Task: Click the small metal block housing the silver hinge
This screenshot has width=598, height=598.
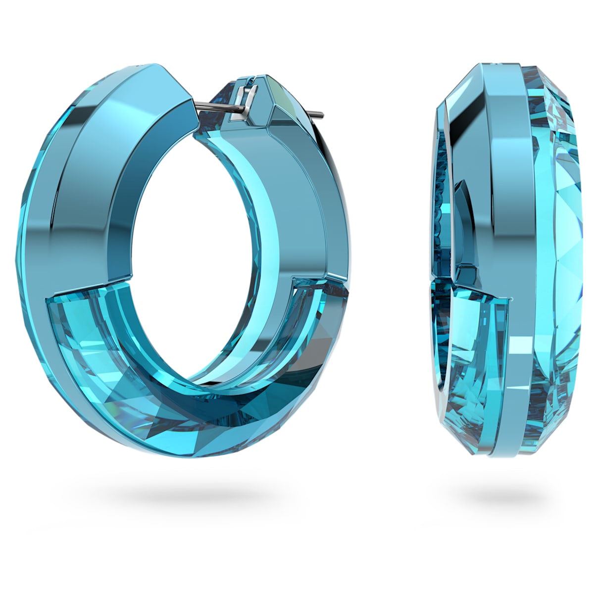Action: tap(248, 87)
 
